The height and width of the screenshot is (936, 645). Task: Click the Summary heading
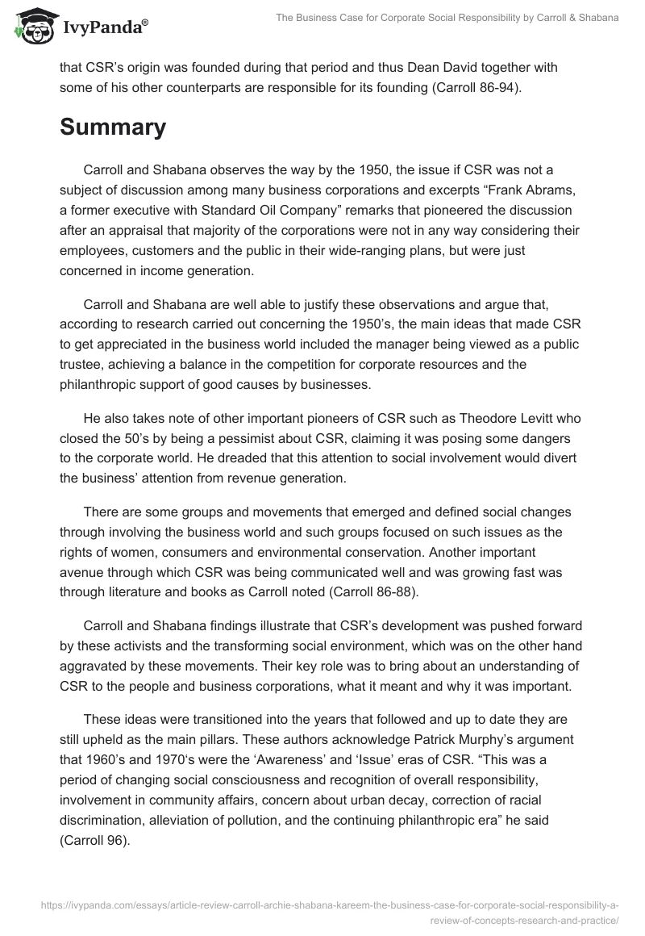[113, 127]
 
